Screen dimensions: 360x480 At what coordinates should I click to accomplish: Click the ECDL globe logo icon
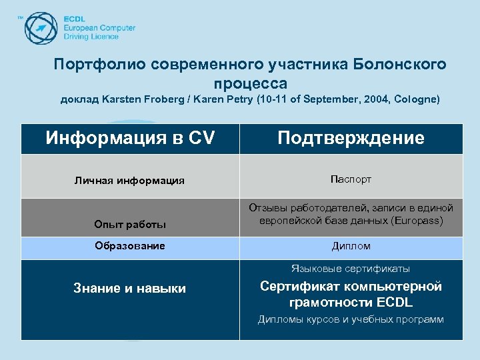tap(41, 27)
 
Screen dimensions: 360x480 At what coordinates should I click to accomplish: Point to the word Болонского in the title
tap(405, 65)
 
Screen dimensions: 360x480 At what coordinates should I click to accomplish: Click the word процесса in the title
tap(251, 83)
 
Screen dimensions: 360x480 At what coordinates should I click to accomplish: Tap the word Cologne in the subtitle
tap(417, 100)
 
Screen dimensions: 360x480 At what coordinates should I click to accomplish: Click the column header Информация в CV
tap(130, 138)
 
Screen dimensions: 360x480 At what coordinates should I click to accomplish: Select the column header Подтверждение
tap(351, 138)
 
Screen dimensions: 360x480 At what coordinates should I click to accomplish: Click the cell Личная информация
tap(129, 181)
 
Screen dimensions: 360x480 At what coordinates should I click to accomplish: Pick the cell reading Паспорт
tap(351, 179)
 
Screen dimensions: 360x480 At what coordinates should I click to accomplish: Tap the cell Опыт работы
tap(129, 225)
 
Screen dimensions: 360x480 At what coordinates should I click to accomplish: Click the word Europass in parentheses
tap(418, 220)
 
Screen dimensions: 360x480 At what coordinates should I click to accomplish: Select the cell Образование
tap(129, 246)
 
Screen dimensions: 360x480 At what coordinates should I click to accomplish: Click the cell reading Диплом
tap(351, 246)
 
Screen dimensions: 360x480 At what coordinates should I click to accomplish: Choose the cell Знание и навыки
tap(129, 288)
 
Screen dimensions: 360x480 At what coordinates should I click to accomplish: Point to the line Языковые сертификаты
tap(351, 269)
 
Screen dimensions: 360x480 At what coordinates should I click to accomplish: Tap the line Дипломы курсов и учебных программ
tap(351, 319)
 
